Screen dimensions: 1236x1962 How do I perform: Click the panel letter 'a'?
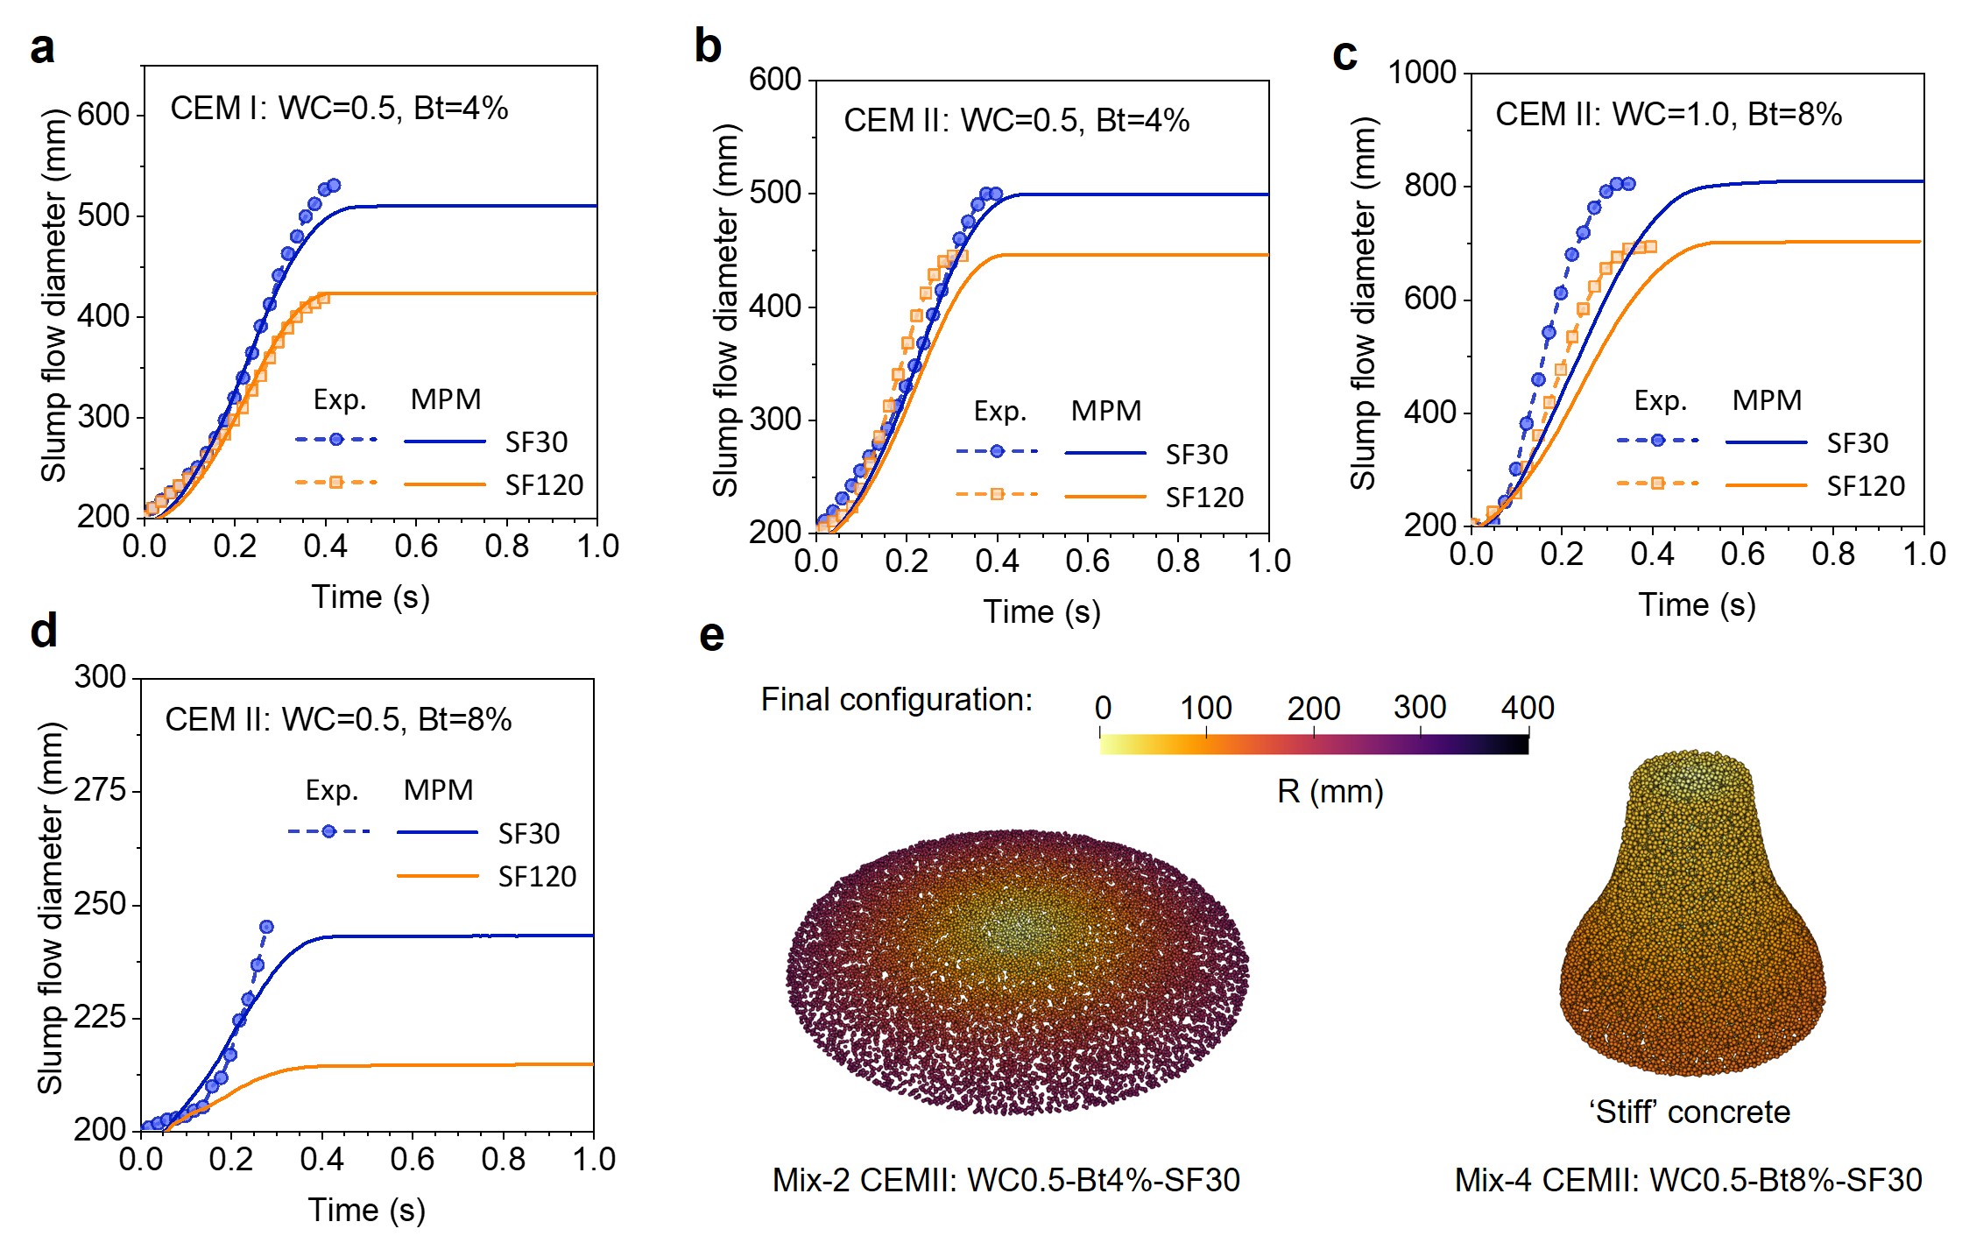coord(42,49)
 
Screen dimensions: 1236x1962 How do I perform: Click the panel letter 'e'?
coord(711,636)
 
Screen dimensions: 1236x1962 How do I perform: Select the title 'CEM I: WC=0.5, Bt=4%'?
coord(339,109)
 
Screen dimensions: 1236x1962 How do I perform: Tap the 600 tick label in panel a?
coord(103,115)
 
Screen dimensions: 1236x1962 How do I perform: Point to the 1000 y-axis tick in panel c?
coord(1422,73)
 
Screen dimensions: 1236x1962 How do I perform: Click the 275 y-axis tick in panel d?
coord(101,791)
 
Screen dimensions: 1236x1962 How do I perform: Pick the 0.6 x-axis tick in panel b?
coord(1087,561)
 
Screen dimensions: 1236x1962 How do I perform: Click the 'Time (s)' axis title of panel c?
coord(1697,605)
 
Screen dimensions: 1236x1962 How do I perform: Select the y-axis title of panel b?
coord(726,310)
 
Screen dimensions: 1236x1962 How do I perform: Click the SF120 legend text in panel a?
coord(544,485)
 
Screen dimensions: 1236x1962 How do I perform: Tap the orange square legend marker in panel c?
coord(1657,484)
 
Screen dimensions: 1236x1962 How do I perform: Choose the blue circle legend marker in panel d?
coord(328,831)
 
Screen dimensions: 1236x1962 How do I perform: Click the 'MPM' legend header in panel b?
coord(1105,411)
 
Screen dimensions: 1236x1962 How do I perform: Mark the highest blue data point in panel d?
coord(266,927)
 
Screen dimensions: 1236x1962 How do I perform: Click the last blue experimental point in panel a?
coord(333,186)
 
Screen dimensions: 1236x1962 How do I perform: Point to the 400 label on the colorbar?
coord(1528,708)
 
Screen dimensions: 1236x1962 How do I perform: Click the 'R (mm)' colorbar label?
coord(1330,792)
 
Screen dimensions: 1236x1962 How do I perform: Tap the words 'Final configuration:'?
coord(896,700)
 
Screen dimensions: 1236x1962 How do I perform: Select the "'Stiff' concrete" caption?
coord(1690,1112)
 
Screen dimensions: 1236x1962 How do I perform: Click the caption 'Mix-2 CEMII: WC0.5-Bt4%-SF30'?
coord(1006,1181)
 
